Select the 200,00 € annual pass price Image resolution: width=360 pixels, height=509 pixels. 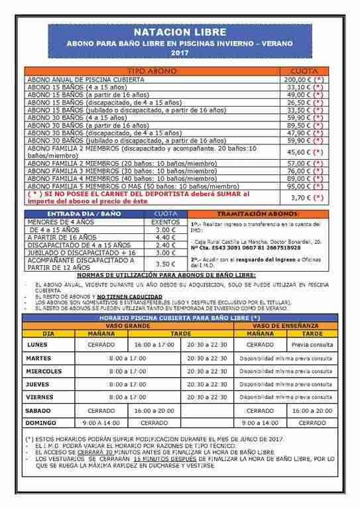pos(304,78)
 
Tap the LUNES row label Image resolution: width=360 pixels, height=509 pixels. pos(37,345)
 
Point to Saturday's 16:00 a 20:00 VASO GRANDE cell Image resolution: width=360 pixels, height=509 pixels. pos(153,410)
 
